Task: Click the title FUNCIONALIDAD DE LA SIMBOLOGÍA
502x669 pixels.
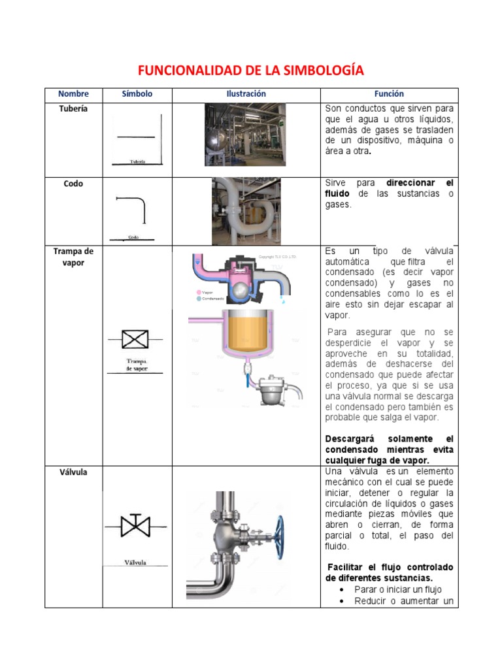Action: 250,71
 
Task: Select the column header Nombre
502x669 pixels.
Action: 73,94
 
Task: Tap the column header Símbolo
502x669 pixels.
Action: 137,94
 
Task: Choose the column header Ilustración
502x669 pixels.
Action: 246,94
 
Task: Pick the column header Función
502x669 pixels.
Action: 389,94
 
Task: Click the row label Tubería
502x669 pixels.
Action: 73,109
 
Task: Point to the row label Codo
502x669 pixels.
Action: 73,184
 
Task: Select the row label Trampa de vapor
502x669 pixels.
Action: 73,257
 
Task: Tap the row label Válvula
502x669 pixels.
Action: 73,472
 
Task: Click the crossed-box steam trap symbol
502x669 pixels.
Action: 135,340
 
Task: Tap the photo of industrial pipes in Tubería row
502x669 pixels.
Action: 244,134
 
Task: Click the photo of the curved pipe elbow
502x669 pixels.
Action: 246,210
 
